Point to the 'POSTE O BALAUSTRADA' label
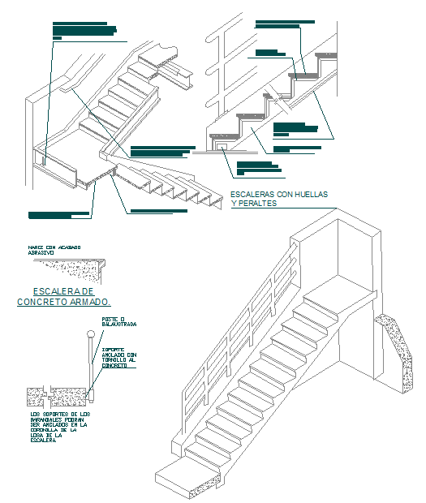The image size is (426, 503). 118,322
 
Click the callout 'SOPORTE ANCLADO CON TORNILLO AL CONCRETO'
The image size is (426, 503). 119,357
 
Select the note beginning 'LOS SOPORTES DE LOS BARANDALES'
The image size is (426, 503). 57,427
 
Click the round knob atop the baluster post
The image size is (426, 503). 89,334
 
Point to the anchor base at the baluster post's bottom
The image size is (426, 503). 90,396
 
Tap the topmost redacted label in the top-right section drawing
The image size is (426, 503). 284,24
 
